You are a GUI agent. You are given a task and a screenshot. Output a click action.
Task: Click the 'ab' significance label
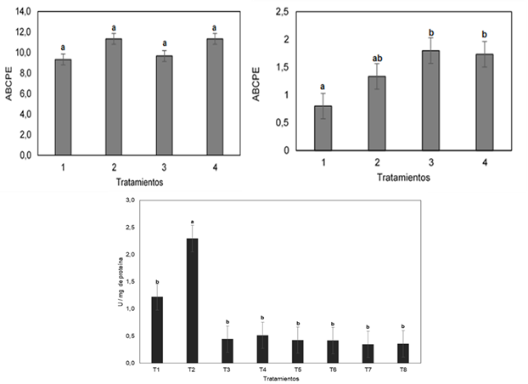(x=377, y=59)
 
